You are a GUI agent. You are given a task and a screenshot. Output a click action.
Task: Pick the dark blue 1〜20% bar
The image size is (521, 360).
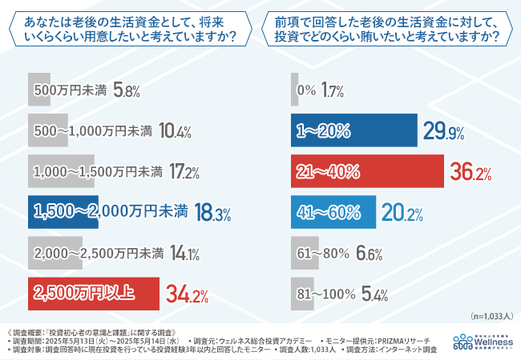point(353,130)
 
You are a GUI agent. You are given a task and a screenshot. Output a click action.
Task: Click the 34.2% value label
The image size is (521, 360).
point(187,294)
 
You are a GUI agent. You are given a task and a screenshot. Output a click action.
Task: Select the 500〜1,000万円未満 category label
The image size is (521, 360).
point(94,130)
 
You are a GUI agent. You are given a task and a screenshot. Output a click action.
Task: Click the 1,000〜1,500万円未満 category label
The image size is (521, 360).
point(99,171)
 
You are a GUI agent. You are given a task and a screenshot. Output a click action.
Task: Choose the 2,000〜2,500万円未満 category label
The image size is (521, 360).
point(99,254)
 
